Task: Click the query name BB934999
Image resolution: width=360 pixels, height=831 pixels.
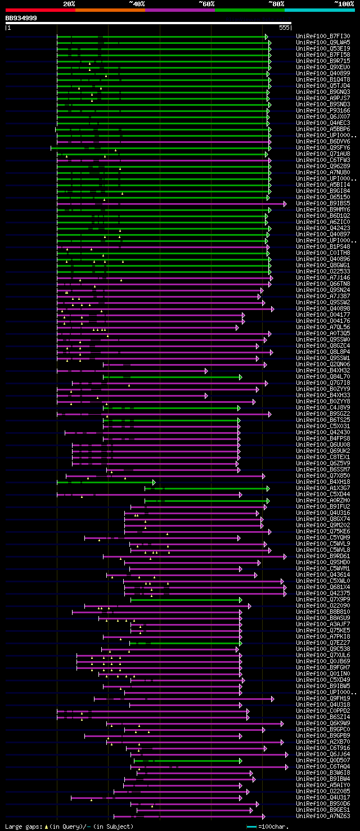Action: tap(21, 18)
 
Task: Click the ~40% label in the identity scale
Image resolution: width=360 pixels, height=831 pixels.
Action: tap(137, 3)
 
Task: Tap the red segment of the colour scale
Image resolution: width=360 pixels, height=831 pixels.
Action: tap(40, 10)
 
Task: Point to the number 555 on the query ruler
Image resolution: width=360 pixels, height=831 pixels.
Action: tap(284, 27)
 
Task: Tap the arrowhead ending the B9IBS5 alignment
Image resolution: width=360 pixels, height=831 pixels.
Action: tap(285, 203)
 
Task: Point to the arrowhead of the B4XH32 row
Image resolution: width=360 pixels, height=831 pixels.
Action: tap(206, 371)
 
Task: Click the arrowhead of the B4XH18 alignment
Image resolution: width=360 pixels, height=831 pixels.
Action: tap(154, 482)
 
